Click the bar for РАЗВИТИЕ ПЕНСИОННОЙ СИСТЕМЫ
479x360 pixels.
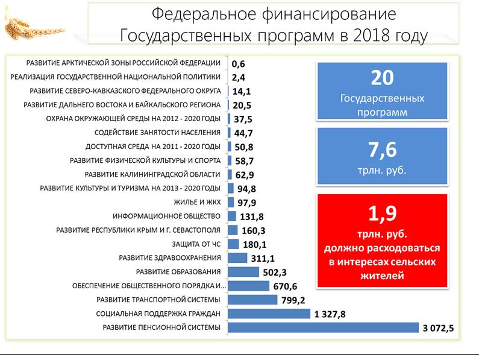coord(323,327)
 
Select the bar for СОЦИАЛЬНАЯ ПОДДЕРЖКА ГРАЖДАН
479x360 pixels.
coord(268,314)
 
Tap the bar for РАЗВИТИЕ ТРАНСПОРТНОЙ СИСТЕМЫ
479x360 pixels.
coord(252,300)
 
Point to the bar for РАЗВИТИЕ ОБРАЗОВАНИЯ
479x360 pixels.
coord(243,272)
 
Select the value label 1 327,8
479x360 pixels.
coord(331,314)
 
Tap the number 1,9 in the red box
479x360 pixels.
coord(381,215)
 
